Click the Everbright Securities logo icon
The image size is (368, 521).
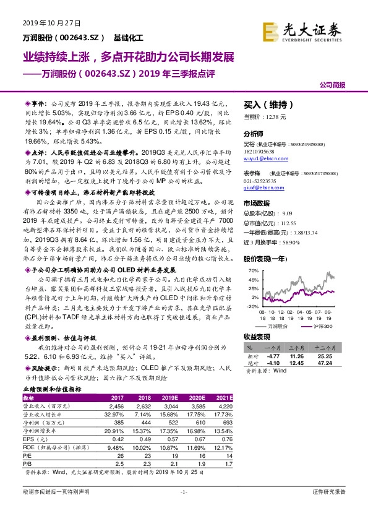pos(270,31)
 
